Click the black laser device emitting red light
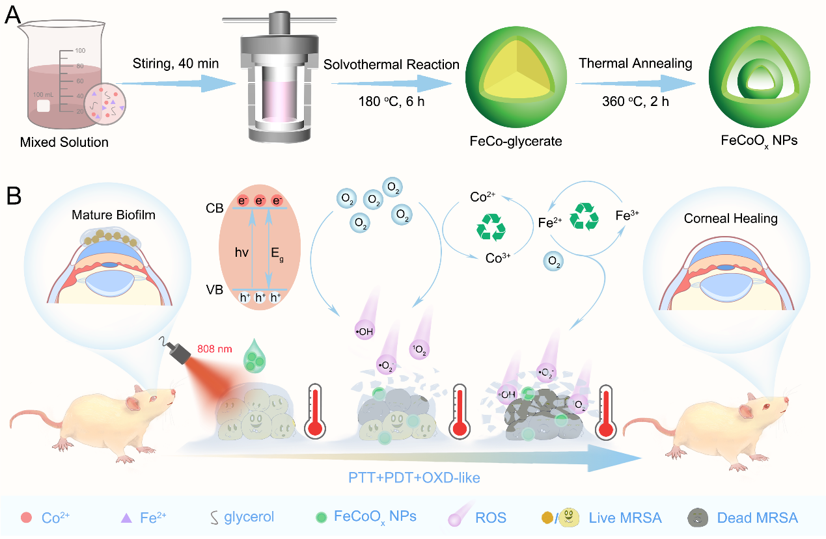pos(179,352)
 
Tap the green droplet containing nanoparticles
pos(255,358)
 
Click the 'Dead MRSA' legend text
pos(756,518)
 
